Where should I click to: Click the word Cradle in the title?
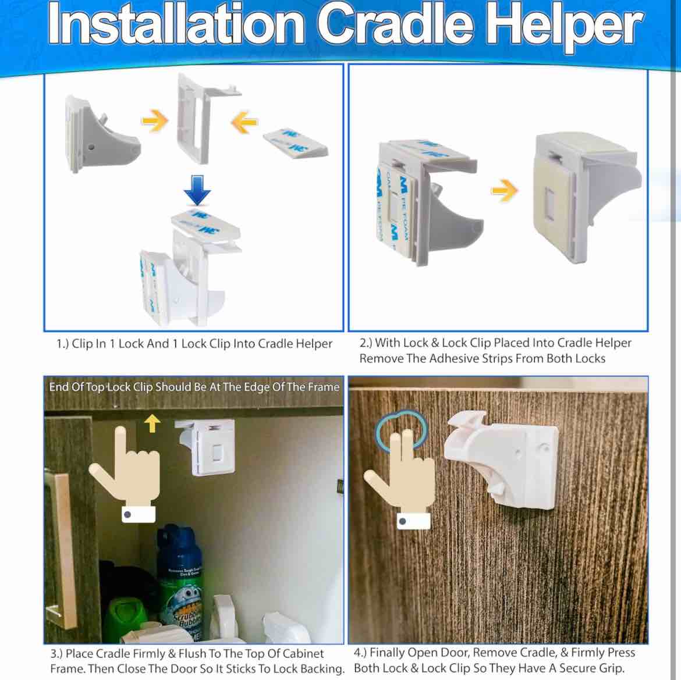pos(396,26)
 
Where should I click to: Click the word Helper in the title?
pos(563,26)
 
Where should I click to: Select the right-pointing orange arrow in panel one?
pos(155,121)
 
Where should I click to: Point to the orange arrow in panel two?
pos(504,190)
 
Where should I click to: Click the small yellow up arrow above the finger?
pos(152,423)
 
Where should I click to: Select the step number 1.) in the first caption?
pos(62,344)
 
